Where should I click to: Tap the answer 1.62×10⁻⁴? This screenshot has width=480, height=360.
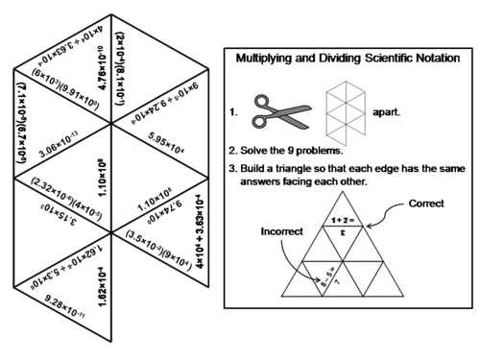point(102,287)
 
